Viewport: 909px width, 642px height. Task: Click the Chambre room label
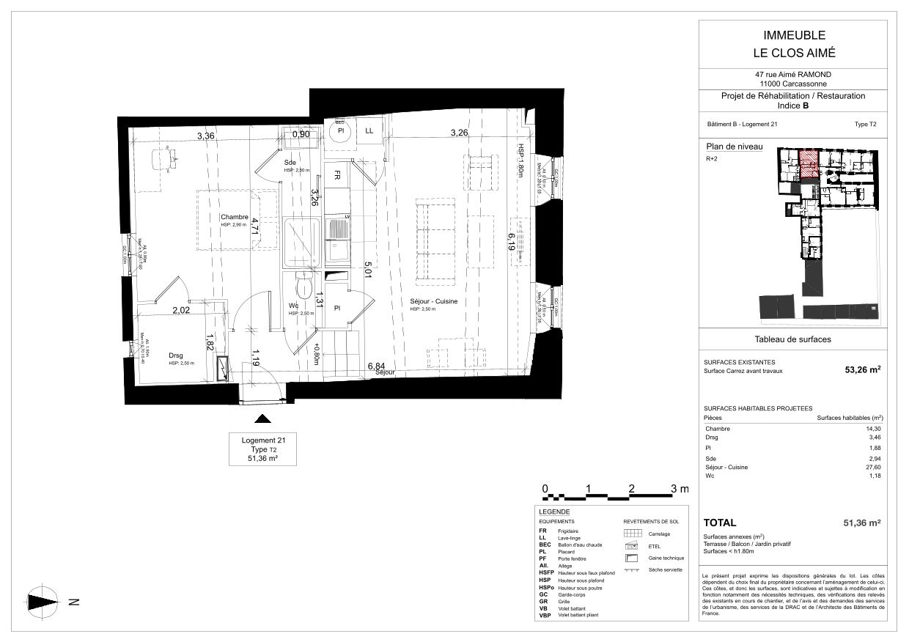235,217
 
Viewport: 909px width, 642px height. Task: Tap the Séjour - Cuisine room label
434,301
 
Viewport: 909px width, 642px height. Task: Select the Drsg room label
176,356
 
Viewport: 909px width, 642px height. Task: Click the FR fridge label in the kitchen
336,176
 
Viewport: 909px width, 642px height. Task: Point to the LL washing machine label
369,130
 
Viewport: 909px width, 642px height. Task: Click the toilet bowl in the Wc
303,286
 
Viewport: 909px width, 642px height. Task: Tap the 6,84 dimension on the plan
377,365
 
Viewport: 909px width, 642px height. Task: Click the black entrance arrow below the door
262,419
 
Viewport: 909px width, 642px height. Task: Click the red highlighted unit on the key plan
807,163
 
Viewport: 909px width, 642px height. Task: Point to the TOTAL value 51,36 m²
861,523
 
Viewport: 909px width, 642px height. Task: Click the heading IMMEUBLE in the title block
795,35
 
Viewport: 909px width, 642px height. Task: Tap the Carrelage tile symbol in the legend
633,533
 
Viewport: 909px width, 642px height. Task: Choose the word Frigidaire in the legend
569,531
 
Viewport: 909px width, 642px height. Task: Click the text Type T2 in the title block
865,125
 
